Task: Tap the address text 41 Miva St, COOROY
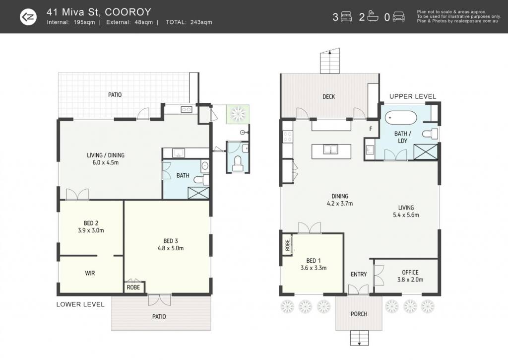click(x=99, y=12)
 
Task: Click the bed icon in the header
click(x=346, y=17)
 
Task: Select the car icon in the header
click(x=398, y=17)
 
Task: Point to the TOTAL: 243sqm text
click(x=189, y=22)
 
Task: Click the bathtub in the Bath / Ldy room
click(x=401, y=118)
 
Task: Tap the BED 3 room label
click(x=171, y=241)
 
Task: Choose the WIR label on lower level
click(x=90, y=273)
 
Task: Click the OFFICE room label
click(x=410, y=273)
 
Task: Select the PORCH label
click(x=359, y=314)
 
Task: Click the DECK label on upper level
click(x=328, y=97)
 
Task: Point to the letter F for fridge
click(x=371, y=129)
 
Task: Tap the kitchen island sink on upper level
click(x=330, y=149)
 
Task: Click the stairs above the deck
click(x=330, y=61)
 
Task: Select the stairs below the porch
click(x=359, y=338)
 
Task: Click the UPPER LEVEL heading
click(x=412, y=96)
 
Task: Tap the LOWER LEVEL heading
click(x=80, y=304)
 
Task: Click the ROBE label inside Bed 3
click(x=133, y=288)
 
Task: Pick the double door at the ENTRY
click(x=358, y=289)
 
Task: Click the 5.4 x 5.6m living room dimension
click(x=406, y=215)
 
